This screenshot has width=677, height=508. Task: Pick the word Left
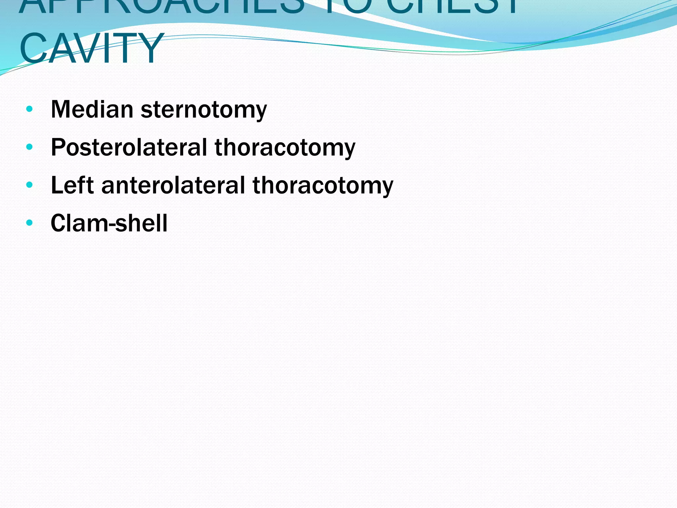72,185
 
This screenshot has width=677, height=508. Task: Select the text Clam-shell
109,223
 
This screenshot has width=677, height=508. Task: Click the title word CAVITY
91,48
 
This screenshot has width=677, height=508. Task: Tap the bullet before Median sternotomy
29,109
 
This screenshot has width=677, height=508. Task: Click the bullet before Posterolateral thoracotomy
29,147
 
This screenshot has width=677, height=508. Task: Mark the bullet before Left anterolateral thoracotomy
29,185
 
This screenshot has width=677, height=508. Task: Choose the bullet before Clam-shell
29,223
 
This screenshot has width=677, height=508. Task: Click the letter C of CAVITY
34,48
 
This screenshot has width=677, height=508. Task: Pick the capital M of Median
61,109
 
